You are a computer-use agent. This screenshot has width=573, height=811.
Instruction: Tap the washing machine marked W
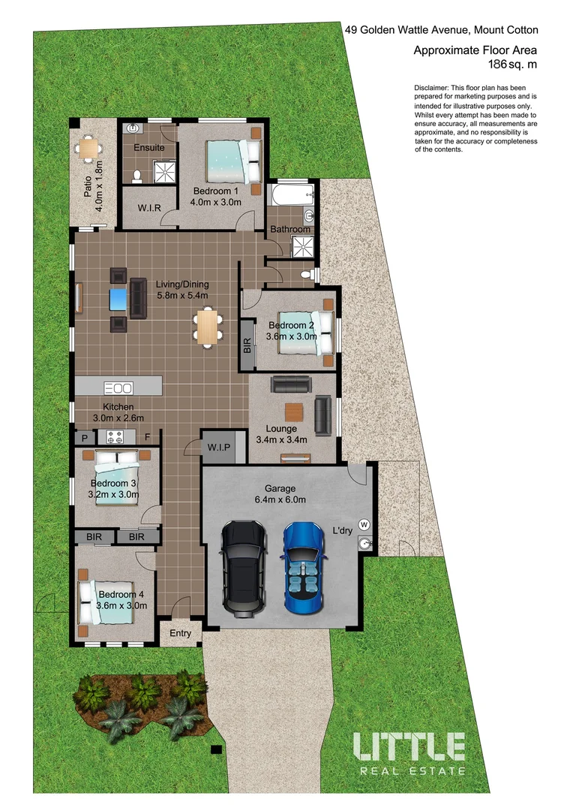click(365, 523)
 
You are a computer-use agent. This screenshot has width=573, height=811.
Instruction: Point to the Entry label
click(180, 633)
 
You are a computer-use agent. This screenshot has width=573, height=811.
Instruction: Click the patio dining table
click(90, 149)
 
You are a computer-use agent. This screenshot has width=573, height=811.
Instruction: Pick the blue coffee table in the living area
click(118, 299)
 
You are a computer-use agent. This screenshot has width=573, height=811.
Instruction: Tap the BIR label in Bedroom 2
click(247, 345)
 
